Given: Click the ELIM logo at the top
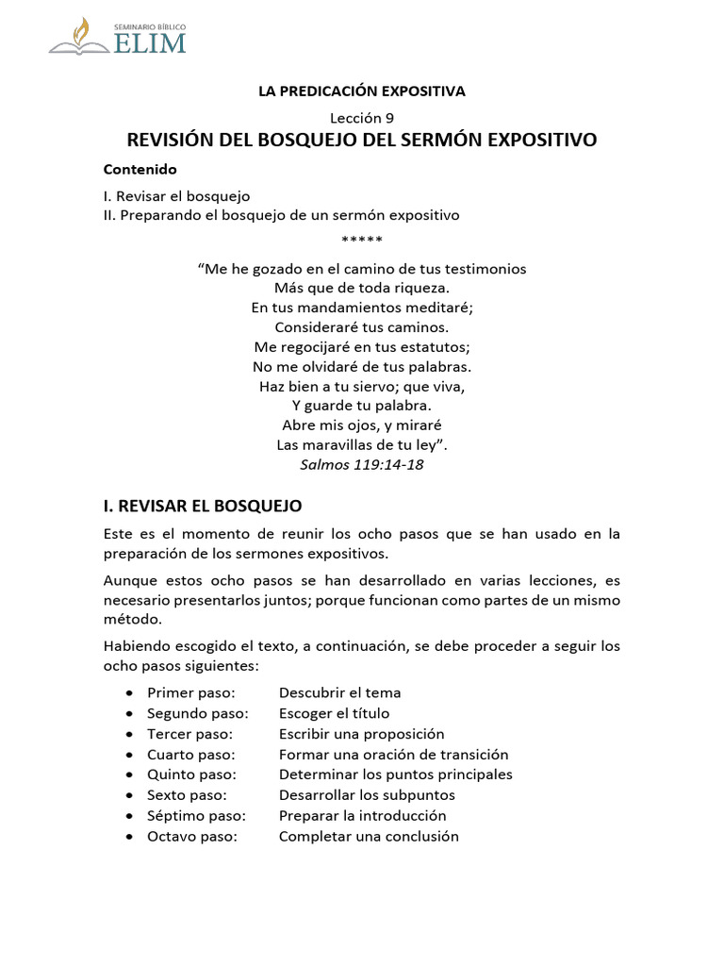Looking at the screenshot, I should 118,36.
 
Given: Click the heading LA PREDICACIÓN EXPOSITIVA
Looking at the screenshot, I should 362,91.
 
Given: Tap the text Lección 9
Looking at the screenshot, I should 362,118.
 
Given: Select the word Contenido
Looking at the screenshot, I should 140,170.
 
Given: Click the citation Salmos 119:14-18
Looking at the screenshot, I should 362,464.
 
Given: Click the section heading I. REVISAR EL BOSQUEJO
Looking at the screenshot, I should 202,506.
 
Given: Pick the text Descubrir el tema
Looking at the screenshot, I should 339,692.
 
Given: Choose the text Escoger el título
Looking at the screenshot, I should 334,713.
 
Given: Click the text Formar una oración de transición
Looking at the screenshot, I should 393,755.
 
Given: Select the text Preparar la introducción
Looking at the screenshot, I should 362,816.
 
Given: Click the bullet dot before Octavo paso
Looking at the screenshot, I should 129,837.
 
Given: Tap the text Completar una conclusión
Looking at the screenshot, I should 369,837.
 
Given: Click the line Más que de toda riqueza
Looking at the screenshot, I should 362,288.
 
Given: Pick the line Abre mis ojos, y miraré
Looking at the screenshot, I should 362,425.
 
